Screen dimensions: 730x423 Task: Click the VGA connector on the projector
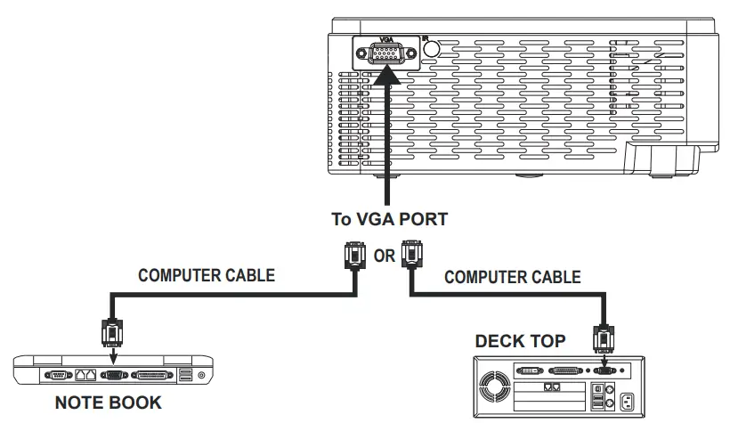(386, 53)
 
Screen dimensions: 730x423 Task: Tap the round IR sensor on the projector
(432, 49)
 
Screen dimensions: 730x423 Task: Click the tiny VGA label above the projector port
(386, 40)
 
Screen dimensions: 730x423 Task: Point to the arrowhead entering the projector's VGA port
(386, 75)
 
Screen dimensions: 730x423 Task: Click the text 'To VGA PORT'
(389, 219)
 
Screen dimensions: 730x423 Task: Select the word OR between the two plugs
(384, 256)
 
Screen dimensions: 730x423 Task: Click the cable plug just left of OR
(354, 256)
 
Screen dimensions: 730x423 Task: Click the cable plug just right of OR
(411, 255)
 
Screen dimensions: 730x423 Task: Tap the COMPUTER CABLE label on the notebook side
(207, 275)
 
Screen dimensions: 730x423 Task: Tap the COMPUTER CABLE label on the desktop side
(513, 277)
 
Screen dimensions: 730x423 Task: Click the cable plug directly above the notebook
(112, 332)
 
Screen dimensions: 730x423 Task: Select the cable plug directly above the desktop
(604, 338)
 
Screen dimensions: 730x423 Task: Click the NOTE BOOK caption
(109, 403)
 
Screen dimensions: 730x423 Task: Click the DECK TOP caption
(520, 341)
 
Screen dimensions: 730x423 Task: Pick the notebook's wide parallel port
(151, 375)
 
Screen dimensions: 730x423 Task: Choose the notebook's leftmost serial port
(58, 375)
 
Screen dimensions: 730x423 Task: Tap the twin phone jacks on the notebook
(85, 375)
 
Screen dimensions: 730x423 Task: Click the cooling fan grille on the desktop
(494, 386)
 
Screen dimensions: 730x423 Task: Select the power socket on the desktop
(627, 402)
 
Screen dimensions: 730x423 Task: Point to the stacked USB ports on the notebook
(185, 375)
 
